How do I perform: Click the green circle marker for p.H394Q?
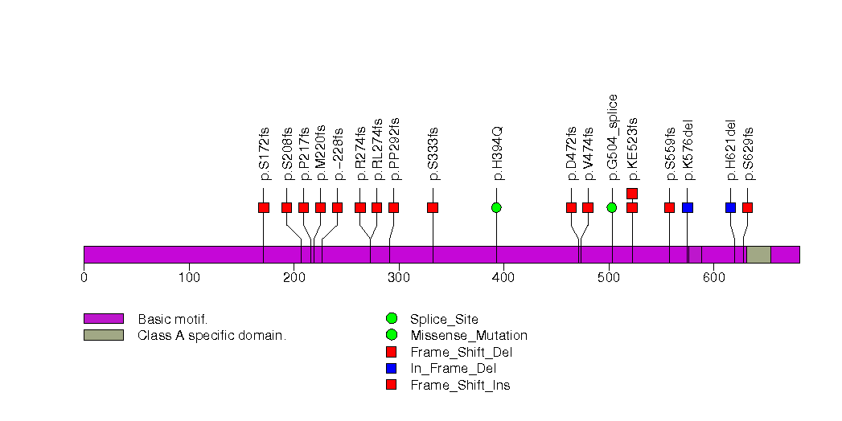(x=496, y=207)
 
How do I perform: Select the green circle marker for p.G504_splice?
(x=612, y=207)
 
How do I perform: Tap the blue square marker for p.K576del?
(x=688, y=207)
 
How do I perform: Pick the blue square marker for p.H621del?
(x=730, y=207)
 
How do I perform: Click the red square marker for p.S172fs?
(x=264, y=207)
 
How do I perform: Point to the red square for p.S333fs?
(x=433, y=207)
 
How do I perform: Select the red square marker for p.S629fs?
(x=747, y=207)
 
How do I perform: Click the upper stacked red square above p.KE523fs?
(x=632, y=193)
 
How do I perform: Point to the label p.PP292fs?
(x=394, y=149)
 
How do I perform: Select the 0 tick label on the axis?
(x=84, y=278)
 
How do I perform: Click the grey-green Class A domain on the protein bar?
(x=758, y=255)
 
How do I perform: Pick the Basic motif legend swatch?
(x=104, y=319)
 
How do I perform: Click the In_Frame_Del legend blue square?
(x=392, y=369)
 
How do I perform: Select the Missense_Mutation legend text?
(x=468, y=336)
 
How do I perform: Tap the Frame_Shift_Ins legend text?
(x=459, y=386)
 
